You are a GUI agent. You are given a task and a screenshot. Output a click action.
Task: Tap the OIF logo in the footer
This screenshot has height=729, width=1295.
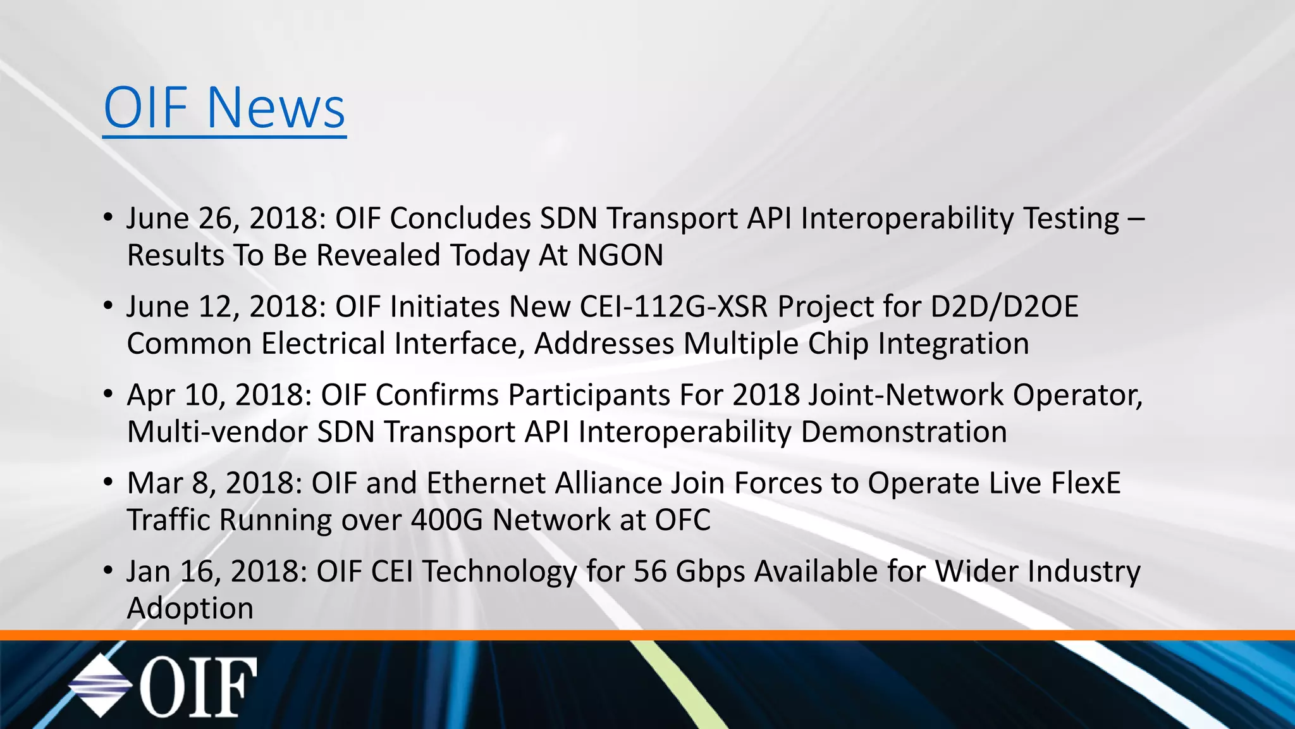163,686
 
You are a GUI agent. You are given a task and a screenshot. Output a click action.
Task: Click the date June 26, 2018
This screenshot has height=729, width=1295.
226,218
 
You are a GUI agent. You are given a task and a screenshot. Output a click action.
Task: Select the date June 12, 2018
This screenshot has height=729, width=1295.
226,307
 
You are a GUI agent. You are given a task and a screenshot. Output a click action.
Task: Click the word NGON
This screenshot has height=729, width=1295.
620,256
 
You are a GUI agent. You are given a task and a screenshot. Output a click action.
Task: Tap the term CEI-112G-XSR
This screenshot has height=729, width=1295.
673,307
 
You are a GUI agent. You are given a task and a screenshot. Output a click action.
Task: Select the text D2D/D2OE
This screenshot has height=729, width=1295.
1004,307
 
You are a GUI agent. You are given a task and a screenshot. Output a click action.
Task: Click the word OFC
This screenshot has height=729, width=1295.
682,520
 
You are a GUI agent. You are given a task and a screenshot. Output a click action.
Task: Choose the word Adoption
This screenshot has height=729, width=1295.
190,609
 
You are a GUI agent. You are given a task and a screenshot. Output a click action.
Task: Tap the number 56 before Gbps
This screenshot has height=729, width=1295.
650,571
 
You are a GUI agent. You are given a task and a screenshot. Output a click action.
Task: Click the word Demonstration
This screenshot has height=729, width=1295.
904,432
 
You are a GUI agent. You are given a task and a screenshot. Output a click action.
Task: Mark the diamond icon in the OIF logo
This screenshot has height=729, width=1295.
100,686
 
